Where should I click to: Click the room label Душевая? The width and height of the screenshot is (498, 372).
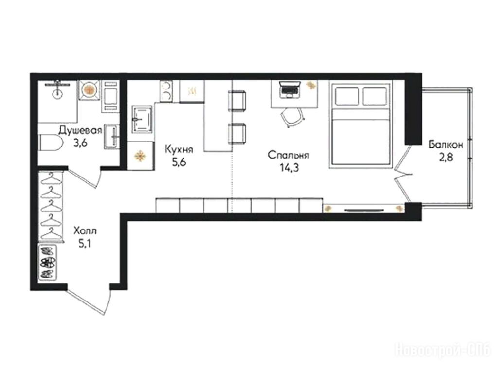81,130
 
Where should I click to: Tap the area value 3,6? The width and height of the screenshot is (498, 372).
80,143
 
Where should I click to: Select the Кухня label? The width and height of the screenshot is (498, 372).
179,149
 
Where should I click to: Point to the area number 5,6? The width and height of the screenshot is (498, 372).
179,162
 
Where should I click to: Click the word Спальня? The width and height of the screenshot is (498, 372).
289,155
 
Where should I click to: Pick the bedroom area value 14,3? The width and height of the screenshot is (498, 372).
289,168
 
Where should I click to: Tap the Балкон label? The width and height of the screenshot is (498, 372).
446,145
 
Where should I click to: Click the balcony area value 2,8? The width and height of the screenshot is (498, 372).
446,158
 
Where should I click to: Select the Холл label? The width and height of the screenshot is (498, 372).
85,230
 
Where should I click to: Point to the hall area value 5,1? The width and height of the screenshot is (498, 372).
85,244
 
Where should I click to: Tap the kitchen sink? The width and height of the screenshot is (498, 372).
142,120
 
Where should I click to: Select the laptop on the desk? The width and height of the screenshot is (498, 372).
289,89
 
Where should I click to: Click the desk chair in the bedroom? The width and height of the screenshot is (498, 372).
292,117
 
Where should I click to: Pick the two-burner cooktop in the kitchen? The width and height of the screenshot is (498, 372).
166,91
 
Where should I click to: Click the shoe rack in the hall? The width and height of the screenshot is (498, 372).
48,263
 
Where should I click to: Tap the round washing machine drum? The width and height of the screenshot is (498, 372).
89,90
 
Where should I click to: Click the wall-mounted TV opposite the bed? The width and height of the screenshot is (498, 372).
364,210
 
